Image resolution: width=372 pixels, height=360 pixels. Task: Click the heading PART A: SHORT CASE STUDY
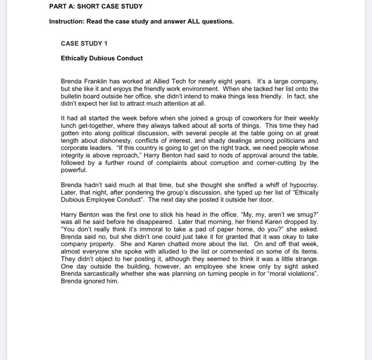point(96,6)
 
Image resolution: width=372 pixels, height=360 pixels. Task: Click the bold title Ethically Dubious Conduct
point(102,58)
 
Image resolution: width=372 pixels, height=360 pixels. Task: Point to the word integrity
point(72,155)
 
